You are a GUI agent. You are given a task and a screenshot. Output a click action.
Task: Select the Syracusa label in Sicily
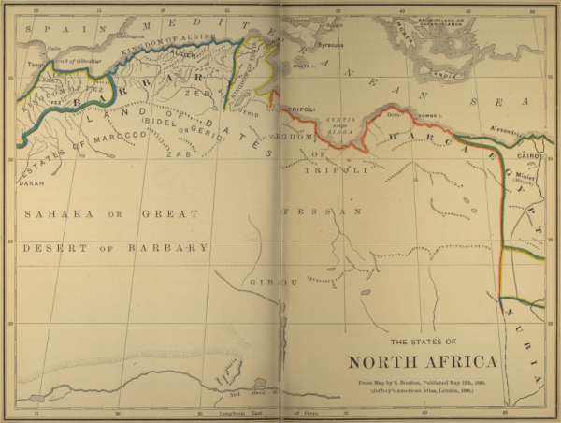328,44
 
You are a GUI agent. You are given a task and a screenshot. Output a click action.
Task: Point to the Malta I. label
301,67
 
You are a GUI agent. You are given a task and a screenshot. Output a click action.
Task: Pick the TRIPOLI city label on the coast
301,109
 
